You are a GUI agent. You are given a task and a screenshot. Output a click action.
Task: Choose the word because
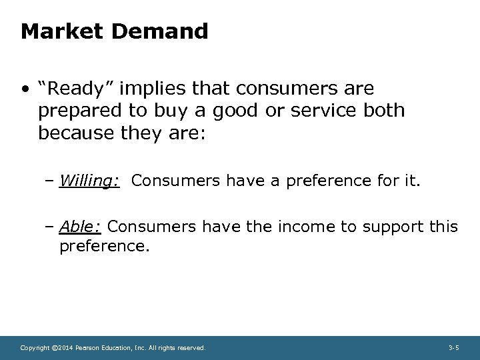click(75, 133)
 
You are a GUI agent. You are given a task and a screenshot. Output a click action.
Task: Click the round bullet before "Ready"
click(25, 89)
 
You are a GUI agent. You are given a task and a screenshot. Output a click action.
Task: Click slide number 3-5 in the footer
click(454, 348)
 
